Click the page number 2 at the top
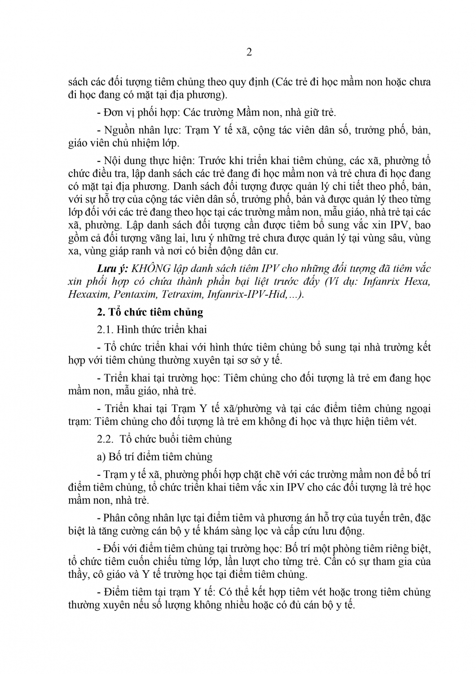click(x=249, y=53)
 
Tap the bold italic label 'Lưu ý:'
click(x=113, y=269)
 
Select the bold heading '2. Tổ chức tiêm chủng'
click(x=150, y=312)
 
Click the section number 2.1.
click(x=105, y=329)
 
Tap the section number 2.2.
click(x=105, y=439)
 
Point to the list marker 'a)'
click(x=101, y=457)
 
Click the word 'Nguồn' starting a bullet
click(x=118, y=130)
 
